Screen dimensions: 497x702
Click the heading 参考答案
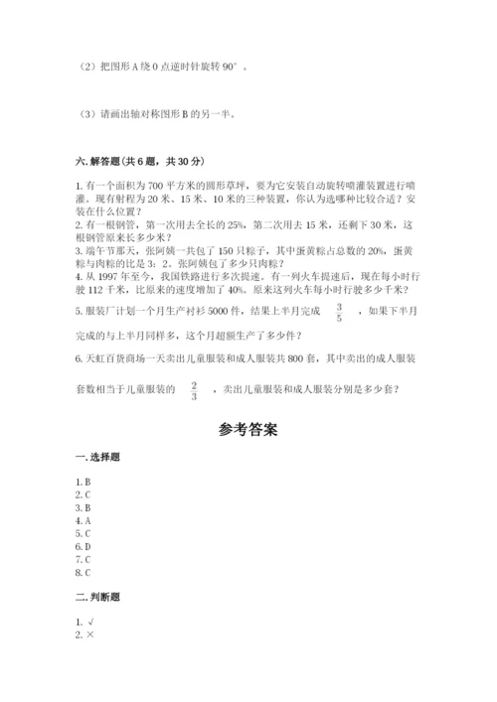[248, 430]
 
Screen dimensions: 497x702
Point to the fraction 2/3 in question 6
[195, 391]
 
